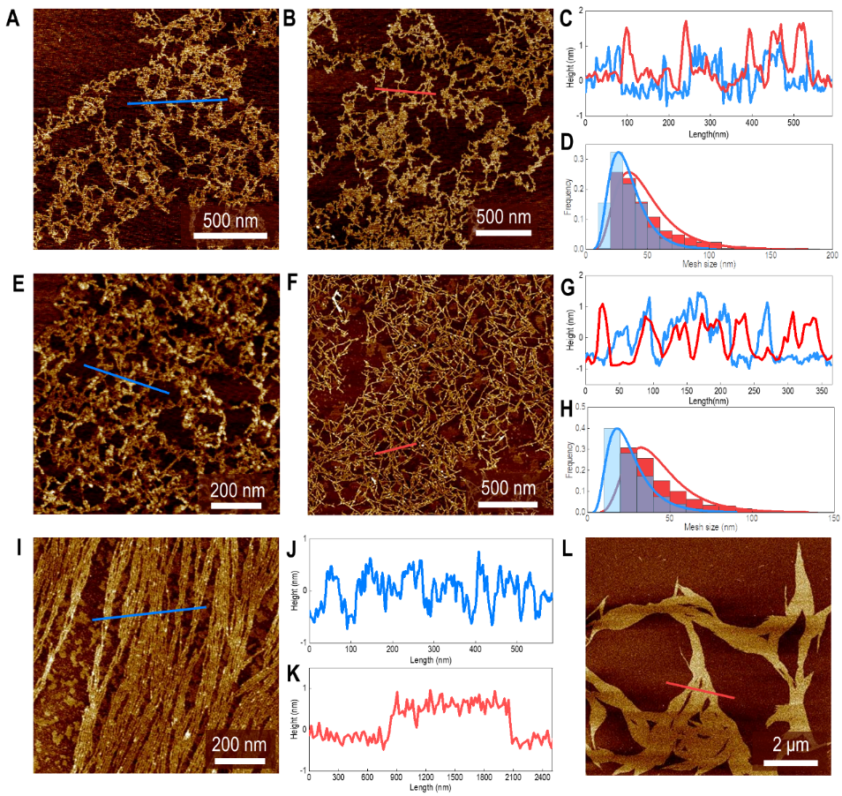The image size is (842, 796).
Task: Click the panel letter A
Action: [12, 19]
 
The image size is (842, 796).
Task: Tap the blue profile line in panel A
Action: [177, 101]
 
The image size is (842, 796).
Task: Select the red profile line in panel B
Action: [404, 91]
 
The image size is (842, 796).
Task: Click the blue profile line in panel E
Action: [126, 379]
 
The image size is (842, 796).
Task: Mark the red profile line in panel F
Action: [394, 449]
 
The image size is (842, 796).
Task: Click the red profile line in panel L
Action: [699, 690]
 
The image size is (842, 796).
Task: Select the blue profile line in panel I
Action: [149, 613]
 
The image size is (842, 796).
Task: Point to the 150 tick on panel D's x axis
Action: [771, 255]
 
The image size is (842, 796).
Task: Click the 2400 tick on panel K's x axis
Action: [541, 777]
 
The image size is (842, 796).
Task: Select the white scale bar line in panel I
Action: [239, 762]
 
